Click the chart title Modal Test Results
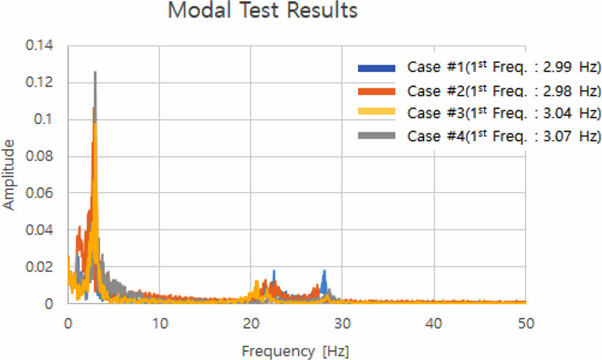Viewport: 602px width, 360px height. (262, 11)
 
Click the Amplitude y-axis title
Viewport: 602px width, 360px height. (9, 175)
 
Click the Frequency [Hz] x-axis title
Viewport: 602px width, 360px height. (295, 350)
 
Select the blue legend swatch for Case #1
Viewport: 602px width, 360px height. (376, 68)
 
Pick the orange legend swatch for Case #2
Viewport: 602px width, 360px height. (376, 90)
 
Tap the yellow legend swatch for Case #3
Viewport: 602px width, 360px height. (376, 113)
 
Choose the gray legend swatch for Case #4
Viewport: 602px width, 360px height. (376, 135)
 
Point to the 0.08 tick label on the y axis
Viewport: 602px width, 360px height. (39, 156)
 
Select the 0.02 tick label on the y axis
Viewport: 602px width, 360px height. (39, 267)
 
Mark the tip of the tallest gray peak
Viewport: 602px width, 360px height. (95, 72)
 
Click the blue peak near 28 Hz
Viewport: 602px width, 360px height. (324, 272)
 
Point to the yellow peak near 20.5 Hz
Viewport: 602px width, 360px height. (256, 282)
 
